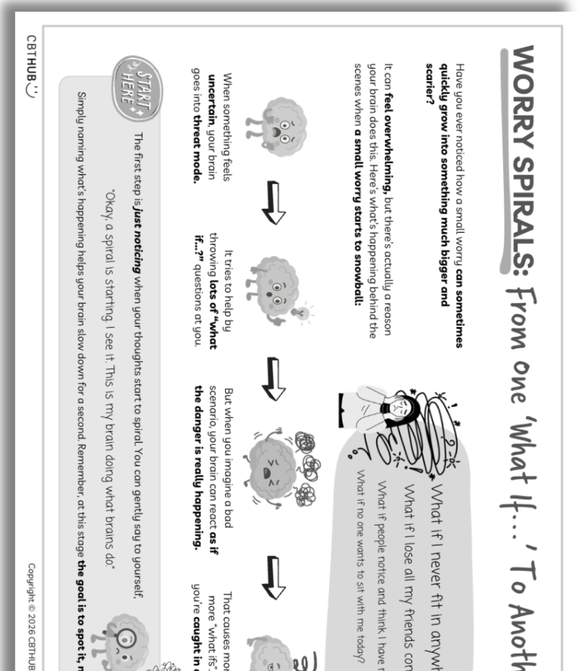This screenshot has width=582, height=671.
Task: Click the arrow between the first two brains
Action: tap(274, 202)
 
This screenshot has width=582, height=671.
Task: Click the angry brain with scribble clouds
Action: tap(275, 468)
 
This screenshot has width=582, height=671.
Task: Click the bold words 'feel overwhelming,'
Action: tap(388, 145)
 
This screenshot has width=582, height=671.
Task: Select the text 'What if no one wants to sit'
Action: tap(360, 537)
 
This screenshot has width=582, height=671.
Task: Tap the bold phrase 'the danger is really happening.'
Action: tap(199, 465)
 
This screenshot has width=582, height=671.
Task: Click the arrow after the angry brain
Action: tap(274, 577)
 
